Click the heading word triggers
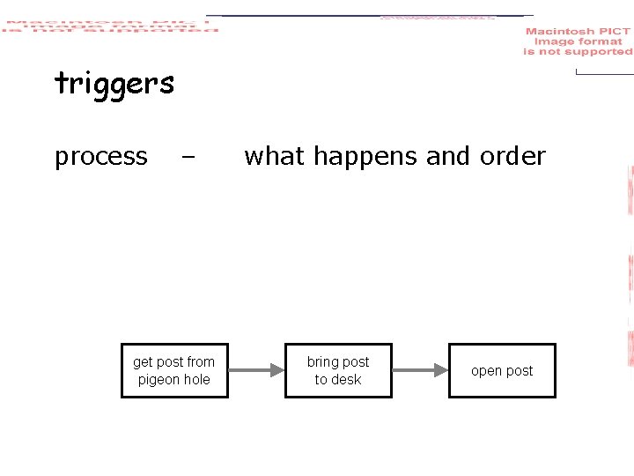tap(114, 85)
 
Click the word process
tap(101, 157)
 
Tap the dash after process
tap(187, 158)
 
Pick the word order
tap(512, 156)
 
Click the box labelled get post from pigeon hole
tap(174, 370)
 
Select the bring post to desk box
tap(338, 370)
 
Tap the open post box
tap(502, 370)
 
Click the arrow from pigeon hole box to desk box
tap(256, 370)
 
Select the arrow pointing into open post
tap(420, 370)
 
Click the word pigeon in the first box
tap(158, 380)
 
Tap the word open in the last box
tap(486, 371)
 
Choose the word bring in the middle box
tap(322, 361)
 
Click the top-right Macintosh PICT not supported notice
tap(578, 41)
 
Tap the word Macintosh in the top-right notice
tap(561, 32)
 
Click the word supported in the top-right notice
tap(599, 52)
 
